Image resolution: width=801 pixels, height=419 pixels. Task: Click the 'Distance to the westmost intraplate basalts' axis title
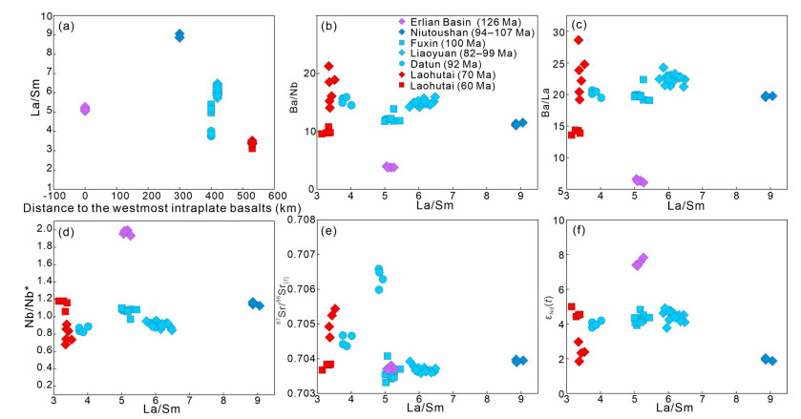pyautogui.click(x=138, y=209)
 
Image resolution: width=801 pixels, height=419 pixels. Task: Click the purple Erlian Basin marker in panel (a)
pyautogui.click(x=85, y=109)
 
